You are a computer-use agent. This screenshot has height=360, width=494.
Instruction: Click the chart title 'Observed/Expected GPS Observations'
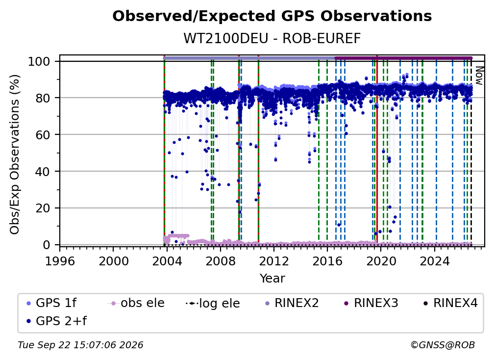pyautogui.click(x=272, y=16)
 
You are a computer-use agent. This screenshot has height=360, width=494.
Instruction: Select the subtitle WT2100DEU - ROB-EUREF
pyautogui.click(x=272, y=38)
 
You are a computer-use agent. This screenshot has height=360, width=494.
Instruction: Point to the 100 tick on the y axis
pyautogui.click(x=43, y=61)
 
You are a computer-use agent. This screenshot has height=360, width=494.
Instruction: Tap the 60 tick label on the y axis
pyautogui.click(x=43, y=134)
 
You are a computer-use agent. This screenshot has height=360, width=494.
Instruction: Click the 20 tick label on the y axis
pyautogui.click(x=43, y=208)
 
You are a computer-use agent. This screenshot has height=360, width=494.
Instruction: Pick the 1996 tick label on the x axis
pyautogui.click(x=60, y=261)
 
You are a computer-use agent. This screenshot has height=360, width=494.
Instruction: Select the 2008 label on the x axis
pyautogui.click(x=220, y=261)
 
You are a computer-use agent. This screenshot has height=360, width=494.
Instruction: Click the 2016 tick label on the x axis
pyautogui.click(x=327, y=261)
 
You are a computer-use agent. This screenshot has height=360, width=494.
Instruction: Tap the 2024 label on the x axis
pyautogui.click(x=434, y=261)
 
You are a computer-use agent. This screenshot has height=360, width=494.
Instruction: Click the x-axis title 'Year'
pyautogui.click(x=272, y=279)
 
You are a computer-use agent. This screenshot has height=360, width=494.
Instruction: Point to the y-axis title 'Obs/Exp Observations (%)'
pyautogui.click(x=15, y=154)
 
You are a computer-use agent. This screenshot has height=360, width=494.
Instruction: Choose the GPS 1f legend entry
pyautogui.click(x=51, y=303)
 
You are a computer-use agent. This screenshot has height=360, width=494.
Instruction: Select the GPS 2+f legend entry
pyautogui.click(x=56, y=321)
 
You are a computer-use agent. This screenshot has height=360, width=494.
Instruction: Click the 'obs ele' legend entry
pyautogui.click(x=136, y=303)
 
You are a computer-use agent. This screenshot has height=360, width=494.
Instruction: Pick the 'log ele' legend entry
pyautogui.click(x=213, y=303)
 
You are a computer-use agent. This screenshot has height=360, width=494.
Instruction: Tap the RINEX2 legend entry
pyautogui.click(x=292, y=303)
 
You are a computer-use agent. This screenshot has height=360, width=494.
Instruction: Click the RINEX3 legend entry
pyautogui.click(x=371, y=303)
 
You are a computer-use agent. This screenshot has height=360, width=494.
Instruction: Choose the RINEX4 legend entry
pyautogui.click(x=451, y=303)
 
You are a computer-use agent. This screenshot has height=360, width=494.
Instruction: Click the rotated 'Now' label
pyautogui.click(x=479, y=76)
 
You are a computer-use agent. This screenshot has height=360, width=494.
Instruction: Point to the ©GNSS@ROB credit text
pyautogui.click(x=443, y=345)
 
